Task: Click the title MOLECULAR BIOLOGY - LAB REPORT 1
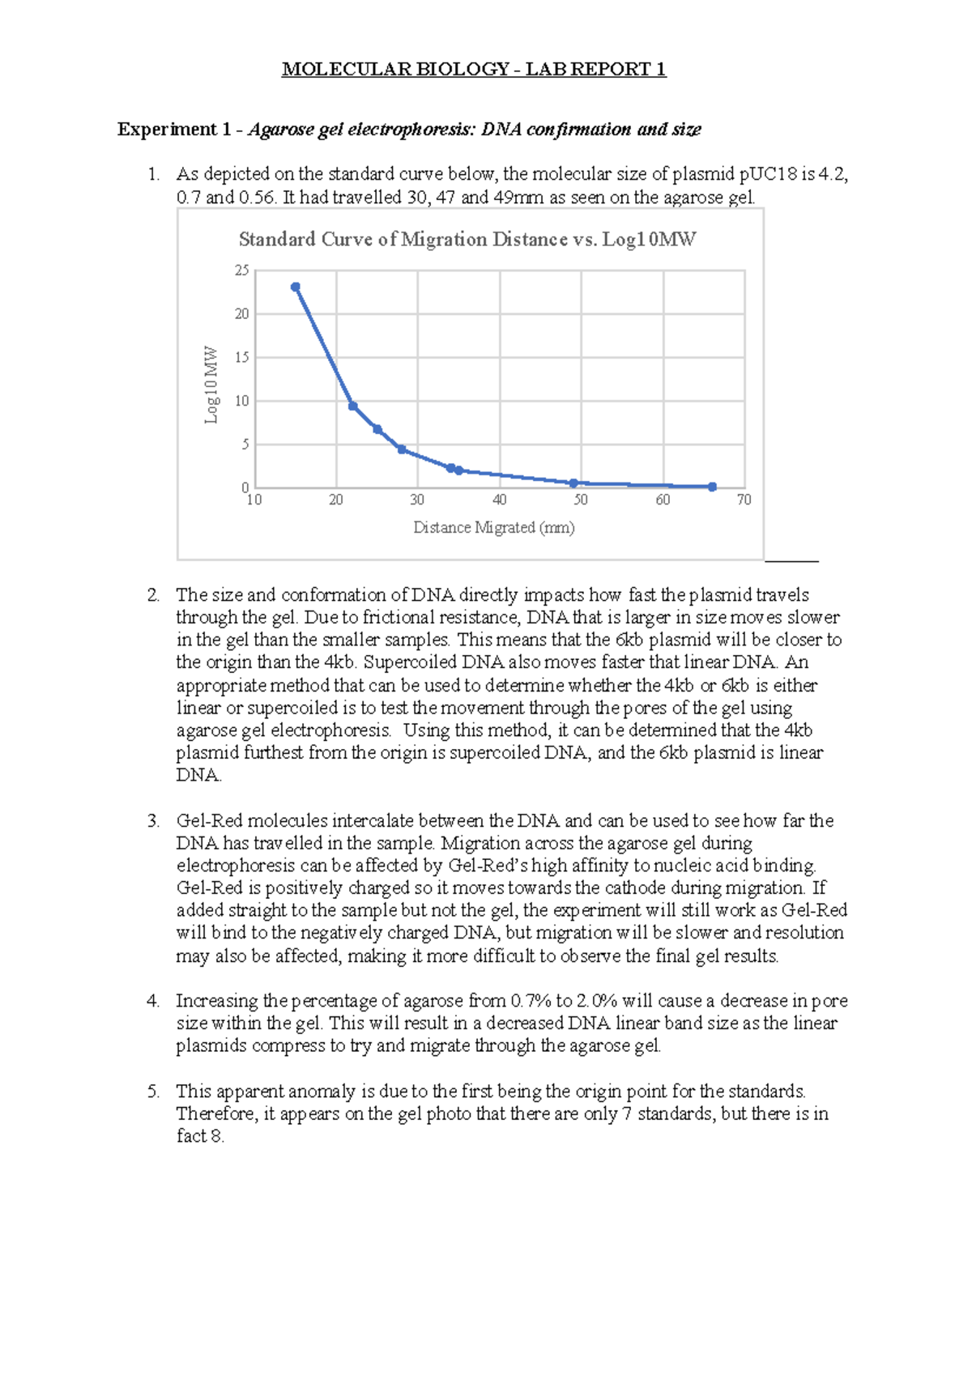(474, 69)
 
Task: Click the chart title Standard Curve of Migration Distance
(467, 239)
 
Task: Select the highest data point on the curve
(296, 287)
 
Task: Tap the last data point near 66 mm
(712, 487)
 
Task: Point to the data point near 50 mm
(573, 483)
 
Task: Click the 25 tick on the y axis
(242, 270)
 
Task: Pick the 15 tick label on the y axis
(242, 357)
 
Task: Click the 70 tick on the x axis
(744, 500)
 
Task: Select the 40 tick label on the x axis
(499, 500)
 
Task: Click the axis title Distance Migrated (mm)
(493, 527)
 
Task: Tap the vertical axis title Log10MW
(211, 385)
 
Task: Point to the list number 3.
(153, 820)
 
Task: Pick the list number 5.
(153, 1091)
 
